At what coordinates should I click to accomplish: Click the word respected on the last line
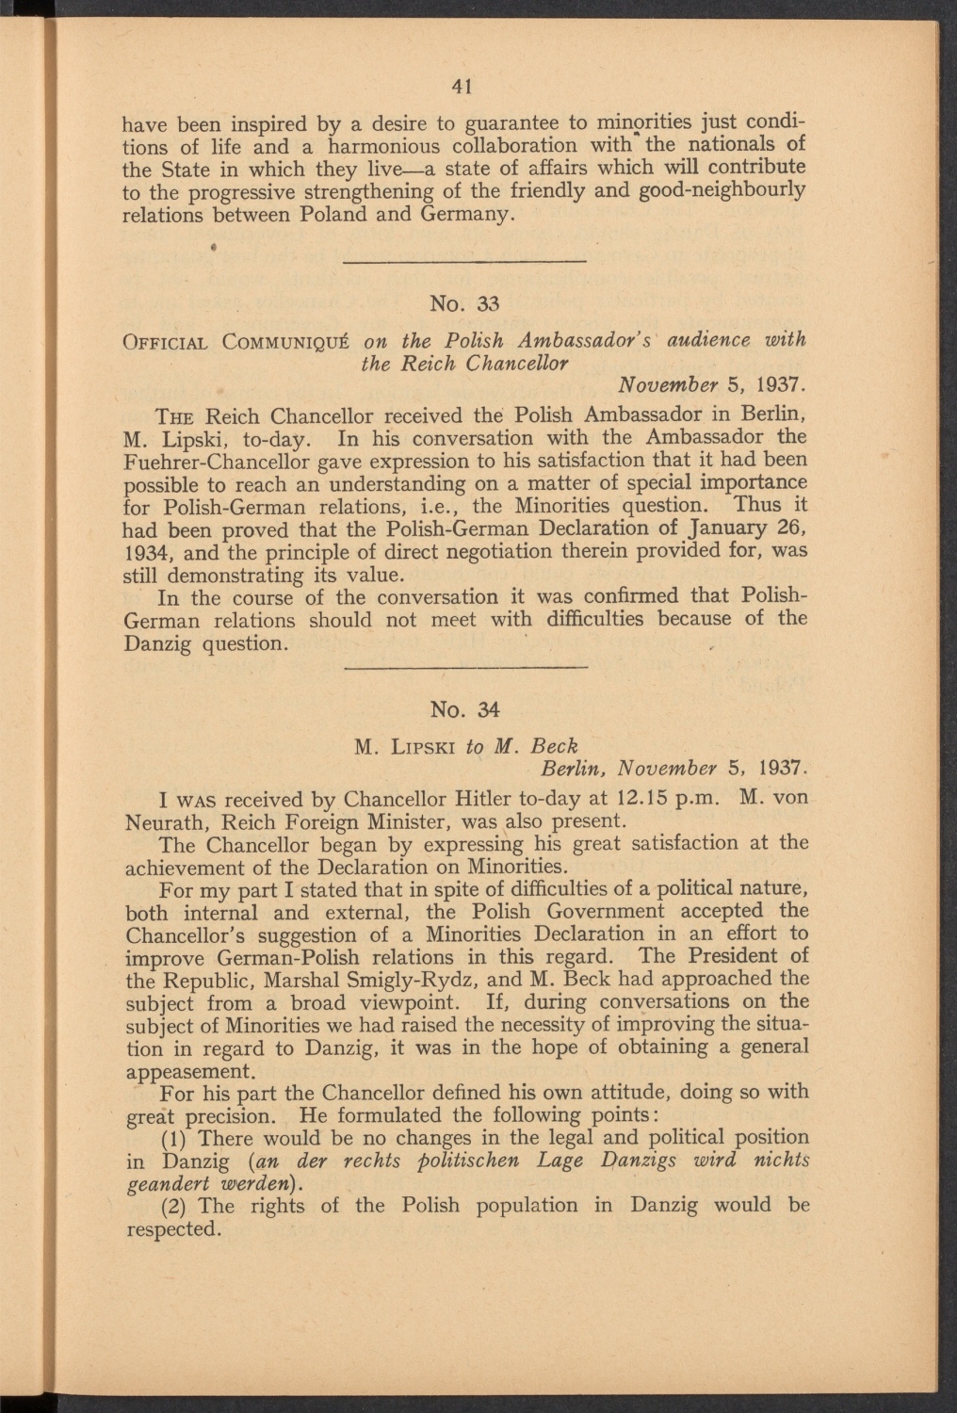[172, 1229]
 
